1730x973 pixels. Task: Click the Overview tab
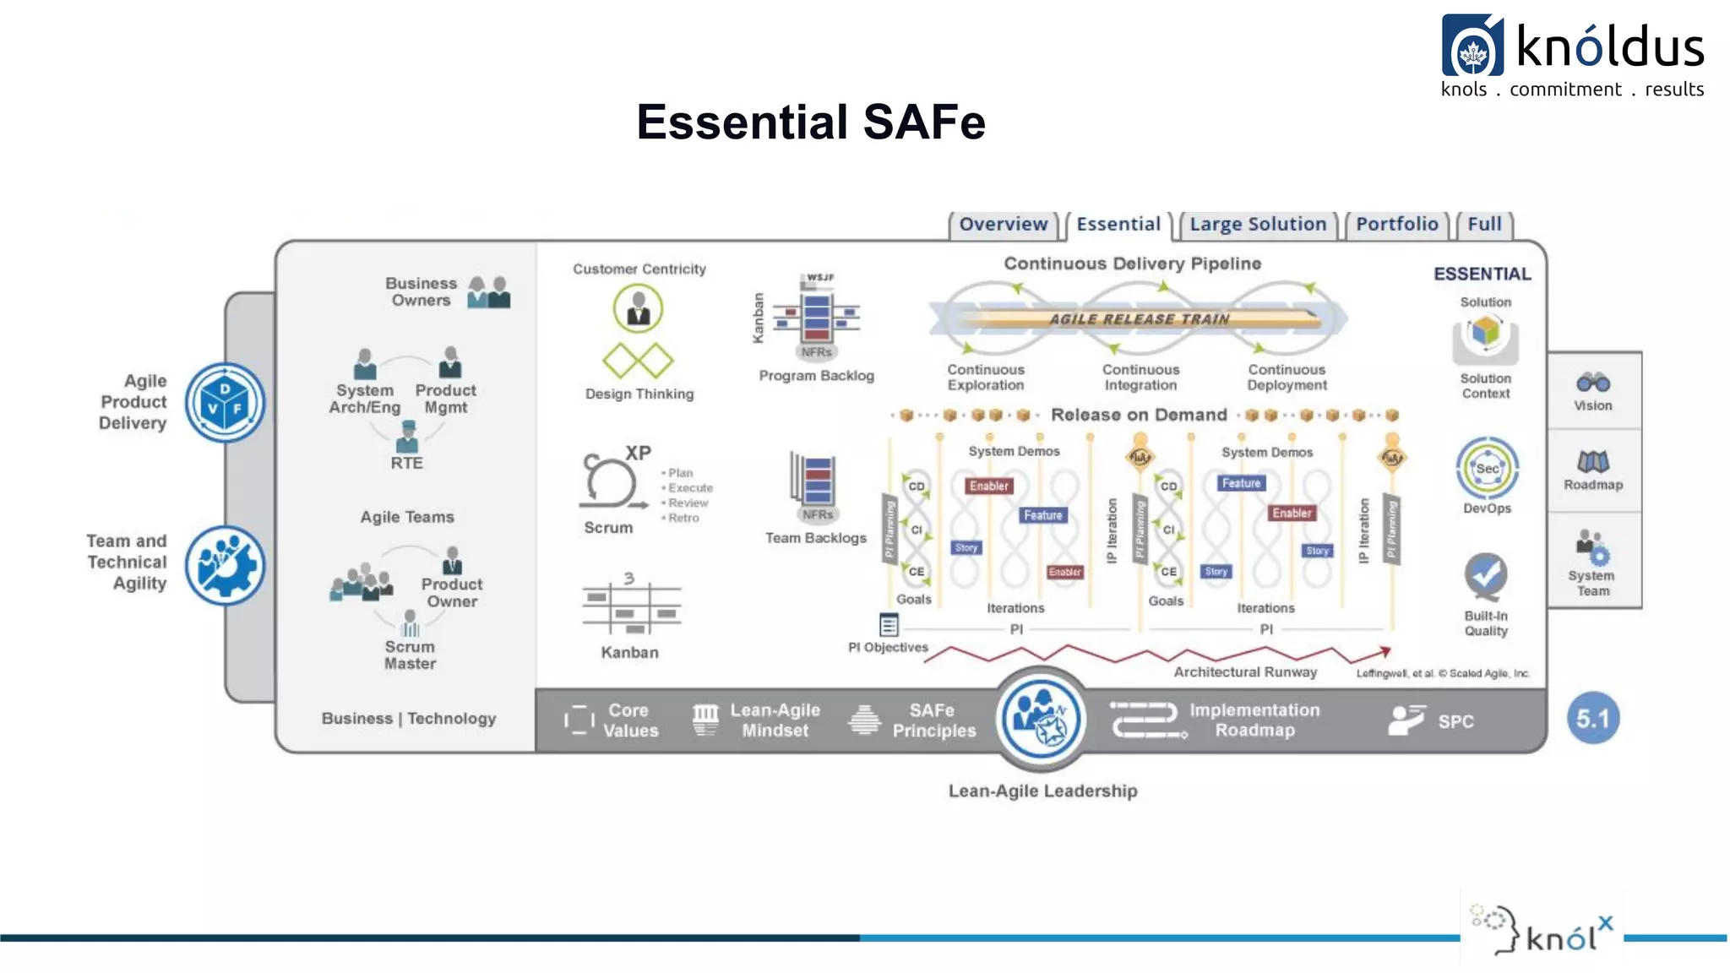point(1003,225)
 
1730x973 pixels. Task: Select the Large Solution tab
point(1258,225)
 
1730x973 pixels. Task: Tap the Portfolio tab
point(1396,225)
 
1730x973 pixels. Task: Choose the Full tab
point(1484,225)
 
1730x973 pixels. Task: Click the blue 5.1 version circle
point(1592,719)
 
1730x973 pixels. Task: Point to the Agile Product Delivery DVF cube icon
point(225,403)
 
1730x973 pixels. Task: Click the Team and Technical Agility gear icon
point(225,566)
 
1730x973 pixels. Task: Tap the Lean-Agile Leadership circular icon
point(1041,719)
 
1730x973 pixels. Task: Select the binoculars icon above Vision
point(1592,383)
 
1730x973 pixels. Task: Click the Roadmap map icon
point(1592,461)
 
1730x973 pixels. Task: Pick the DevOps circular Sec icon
point(1487,469)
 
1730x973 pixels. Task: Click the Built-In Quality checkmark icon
point(1486,576)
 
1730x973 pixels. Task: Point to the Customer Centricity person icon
point(638,308)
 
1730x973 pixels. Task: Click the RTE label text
point(406,464)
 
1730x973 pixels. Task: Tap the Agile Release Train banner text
point(1139,319)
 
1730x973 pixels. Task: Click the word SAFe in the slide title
point(924,122)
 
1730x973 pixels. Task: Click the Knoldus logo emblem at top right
point(1472,46)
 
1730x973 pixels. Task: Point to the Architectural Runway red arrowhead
point(1385,651)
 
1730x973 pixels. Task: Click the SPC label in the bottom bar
point(1455,722)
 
